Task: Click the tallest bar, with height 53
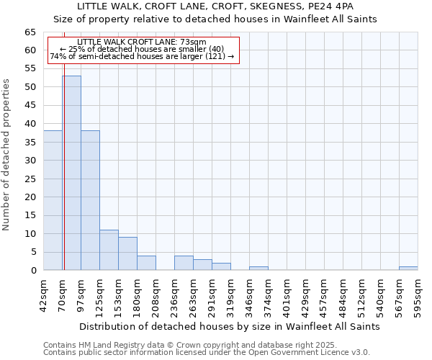click(71, 173)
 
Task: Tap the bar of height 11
click(109, 250)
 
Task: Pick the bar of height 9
click(127, 253)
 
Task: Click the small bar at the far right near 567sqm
click(408, 269)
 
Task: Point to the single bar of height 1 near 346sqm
click(258, 269)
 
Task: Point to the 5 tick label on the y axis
click(32, 252)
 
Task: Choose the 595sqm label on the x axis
click(418, 294)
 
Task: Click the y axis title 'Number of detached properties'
click(7, 155)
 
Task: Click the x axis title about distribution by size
click(229, 326)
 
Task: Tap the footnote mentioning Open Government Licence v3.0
click(206, 352)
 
